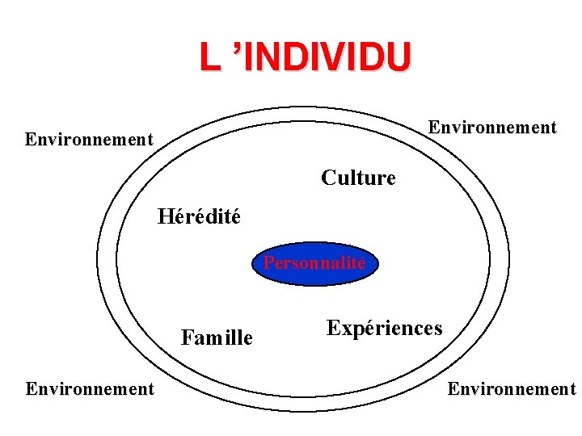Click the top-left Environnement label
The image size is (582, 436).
click(89, 139)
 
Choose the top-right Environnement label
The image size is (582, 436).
click(492, 128)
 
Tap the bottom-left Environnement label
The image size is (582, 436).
click(89, 389)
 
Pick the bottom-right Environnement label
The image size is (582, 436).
click(512, 389)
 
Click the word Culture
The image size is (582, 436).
click(358, 178)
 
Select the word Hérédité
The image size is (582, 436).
click(199, 216)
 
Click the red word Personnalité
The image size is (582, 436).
click(314, 263)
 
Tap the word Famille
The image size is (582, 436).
click(217, 337)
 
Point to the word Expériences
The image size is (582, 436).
click(384, 328)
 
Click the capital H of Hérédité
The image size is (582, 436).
click(165, 216)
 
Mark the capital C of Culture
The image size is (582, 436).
click(327, 178)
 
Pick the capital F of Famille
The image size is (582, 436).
click(187, 337)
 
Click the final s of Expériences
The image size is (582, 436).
click(437, 329)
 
